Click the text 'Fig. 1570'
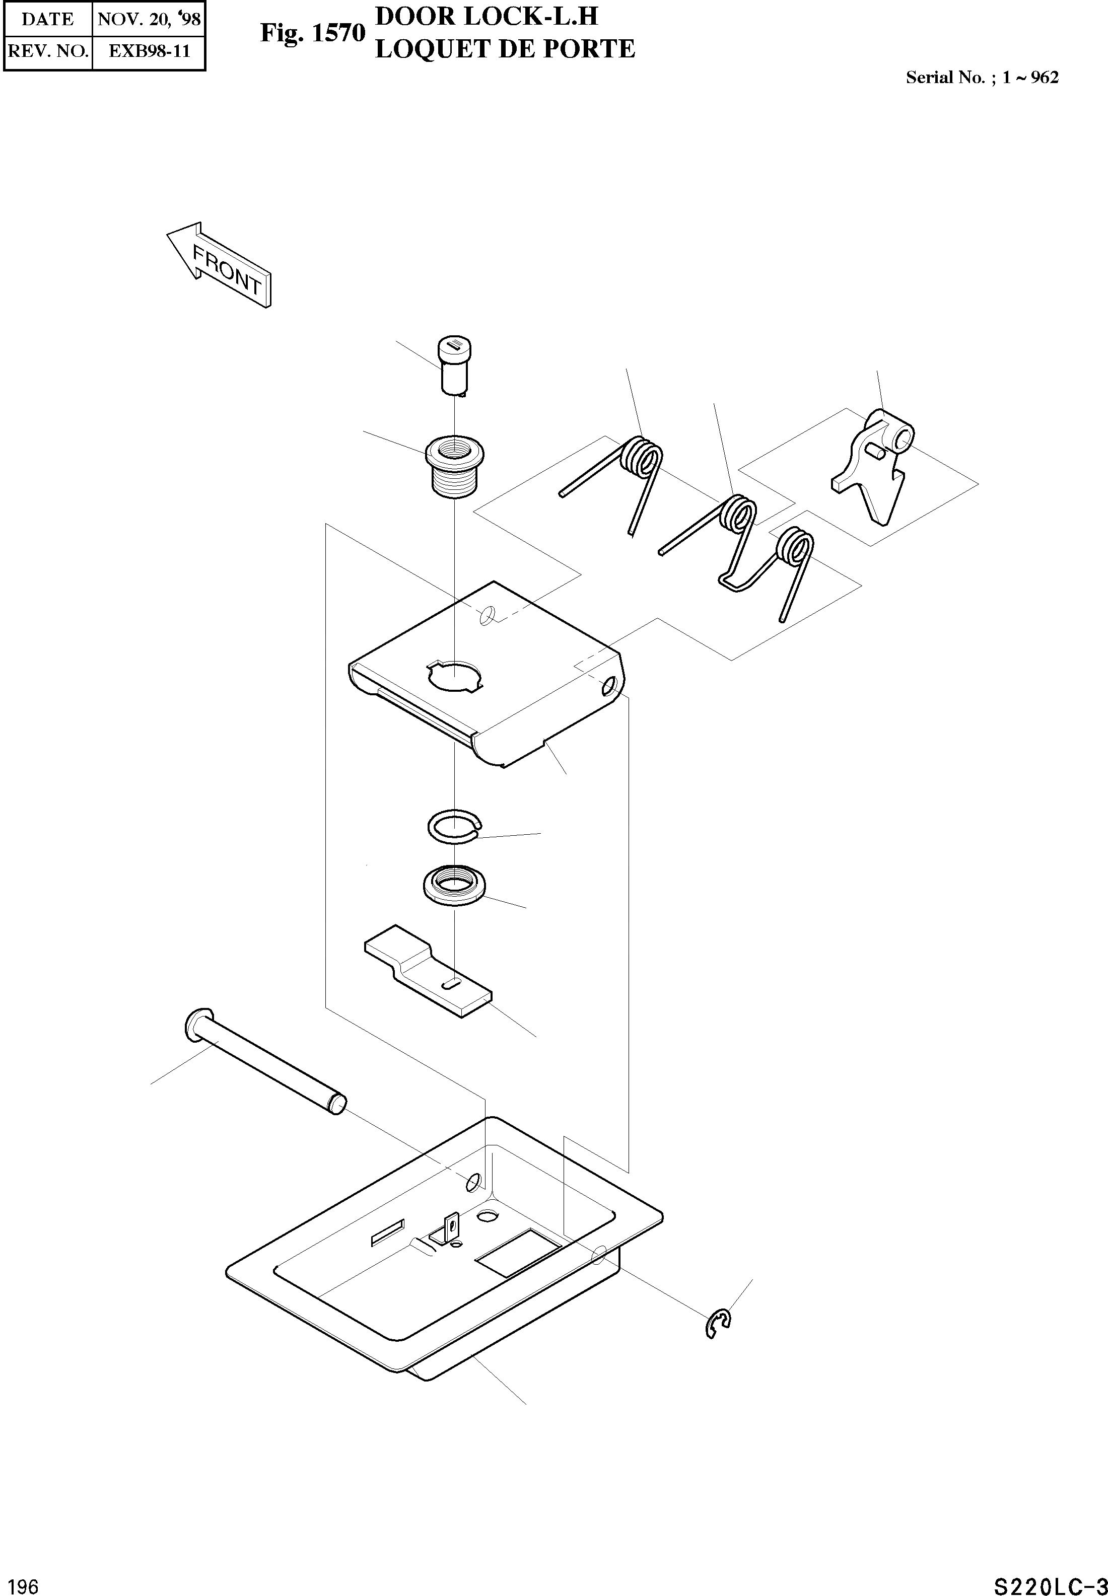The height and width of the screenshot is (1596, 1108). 312,33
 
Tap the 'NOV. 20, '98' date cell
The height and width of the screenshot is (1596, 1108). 149,19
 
